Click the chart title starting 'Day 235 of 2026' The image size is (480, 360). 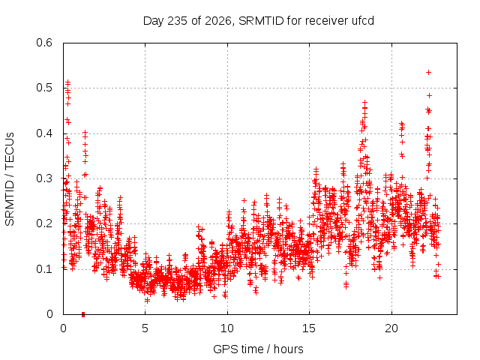(x=258, y=21)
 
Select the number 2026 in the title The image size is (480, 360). (x=218, y=21)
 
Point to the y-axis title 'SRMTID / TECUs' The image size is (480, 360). (x=10, y=179)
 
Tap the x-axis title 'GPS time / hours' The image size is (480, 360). (x=258, y=349)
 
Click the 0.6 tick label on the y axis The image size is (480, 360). (x=44, y=43)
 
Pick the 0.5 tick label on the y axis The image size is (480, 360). (x=44, y=88)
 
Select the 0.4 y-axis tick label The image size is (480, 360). (x=44, y=133)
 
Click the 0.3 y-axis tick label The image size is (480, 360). (x=44, y=178)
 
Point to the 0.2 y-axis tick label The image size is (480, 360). (x=44, y=223)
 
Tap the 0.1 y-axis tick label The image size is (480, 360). (x=44, y=269)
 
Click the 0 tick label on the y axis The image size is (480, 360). (x=49, y=314)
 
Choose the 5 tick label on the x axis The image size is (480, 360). (x=145, y=328)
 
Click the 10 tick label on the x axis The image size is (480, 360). (x=227, y=328)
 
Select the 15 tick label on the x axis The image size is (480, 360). (x=309, y=328)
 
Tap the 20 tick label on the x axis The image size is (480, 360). (x=391, y=328)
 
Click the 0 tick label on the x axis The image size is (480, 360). (x=63, y=328)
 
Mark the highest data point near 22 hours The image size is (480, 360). (x=428, y=72)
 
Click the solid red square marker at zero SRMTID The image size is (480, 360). (x=83, y=315)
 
